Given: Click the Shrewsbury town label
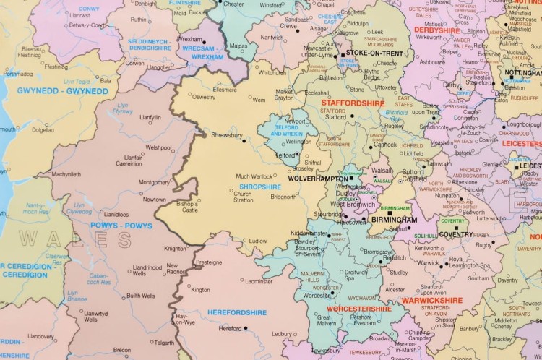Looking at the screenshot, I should click(x=227, y=134).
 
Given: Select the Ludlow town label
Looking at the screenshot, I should click(x=257, y=241).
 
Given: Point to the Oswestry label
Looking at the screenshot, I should click(x=202, y=98).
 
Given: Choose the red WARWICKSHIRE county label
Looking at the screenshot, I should click(x=431, y=300).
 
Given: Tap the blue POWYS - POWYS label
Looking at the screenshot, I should click(x=120, y=225).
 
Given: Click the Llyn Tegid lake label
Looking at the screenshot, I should click(x=77, y=82).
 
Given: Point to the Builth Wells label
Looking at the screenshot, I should click(x=140, y=296).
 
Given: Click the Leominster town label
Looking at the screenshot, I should click(x=259, y=281).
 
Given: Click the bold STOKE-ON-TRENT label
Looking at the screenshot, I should click(x=372, y=53).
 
